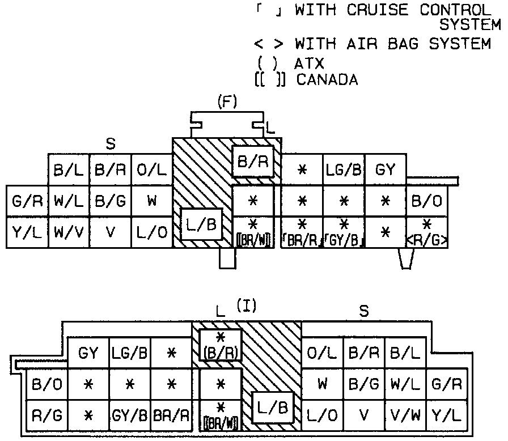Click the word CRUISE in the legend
387,10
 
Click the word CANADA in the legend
327,80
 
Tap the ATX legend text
309,63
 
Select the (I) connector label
247,306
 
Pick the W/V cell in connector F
68,232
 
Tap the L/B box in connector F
202,225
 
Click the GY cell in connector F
385,169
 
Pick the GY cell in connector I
88,354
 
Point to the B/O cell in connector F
427,201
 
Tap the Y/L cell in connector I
446,415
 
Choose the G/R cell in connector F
26,201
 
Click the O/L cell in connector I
322,354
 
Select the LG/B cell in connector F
344,169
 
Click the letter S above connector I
364,311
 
